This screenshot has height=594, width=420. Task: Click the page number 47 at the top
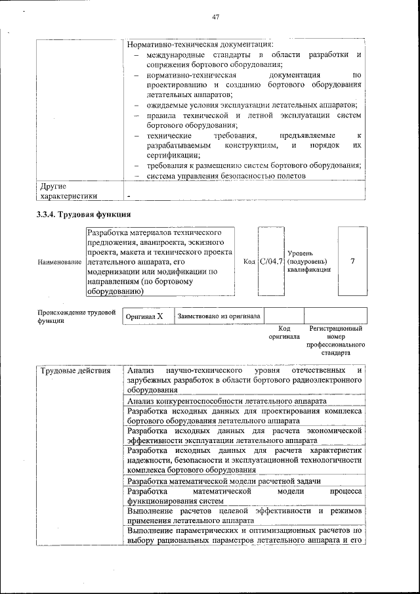[x=215, y=16]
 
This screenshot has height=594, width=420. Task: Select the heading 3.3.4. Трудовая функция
[x=83, y=215]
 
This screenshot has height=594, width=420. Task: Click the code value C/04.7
[x=271, y=262]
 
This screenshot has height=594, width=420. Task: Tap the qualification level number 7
[x=353, y=261]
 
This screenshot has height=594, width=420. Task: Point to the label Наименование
[x=60, y=262]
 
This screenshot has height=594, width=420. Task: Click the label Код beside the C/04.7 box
[x=249, y=262]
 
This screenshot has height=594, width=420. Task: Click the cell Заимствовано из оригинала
[x=219, y=316]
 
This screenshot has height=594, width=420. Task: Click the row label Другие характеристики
[x=69, y=190]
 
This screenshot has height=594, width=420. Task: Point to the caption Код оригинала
[x=283, y=332]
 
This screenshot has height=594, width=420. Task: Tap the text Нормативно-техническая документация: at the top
[x=196, y=44]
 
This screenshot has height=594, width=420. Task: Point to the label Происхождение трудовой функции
[x=77, y=317]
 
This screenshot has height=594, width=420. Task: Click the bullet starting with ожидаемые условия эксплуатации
[x=251, y=105]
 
